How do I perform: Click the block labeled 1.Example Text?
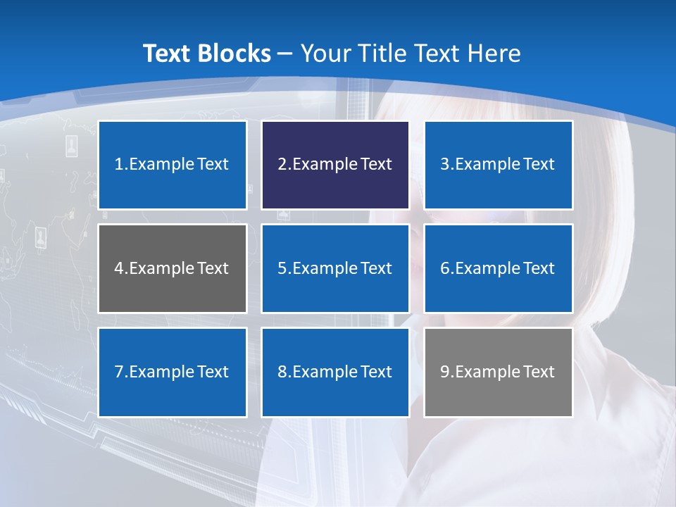point(173,165)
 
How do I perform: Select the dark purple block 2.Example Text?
point(335,165)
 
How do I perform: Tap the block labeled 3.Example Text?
point(499,165)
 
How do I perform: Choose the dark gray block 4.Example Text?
point(173,268)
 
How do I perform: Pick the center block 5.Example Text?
point(335,268)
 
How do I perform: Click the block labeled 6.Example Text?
point(499,268)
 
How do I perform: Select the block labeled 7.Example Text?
point(173,372)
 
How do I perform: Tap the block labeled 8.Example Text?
point(335,372)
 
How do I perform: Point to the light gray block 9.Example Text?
point(499,372)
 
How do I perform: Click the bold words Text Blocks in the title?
point(206,54)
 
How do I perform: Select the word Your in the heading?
point(326,54)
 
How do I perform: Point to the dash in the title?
point(285,54)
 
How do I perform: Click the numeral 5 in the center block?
point(282,268)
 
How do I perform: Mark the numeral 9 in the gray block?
point(445,372)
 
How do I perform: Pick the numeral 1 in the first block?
point(119,165)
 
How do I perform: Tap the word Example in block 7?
point(161,372)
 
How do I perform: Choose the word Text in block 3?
point(539,165)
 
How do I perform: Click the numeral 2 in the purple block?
point(282,165)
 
